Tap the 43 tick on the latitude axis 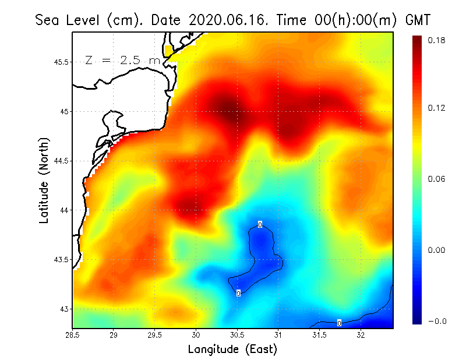63,309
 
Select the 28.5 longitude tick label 73,336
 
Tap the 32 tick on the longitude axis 361,336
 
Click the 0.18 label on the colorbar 437,40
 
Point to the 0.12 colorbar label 437,108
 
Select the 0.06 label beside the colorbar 437,179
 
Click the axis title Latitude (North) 44,180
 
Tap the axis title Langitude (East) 232,349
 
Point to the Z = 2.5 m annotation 122,61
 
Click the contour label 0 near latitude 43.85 260,224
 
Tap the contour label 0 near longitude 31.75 339,323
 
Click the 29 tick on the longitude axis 114,336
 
